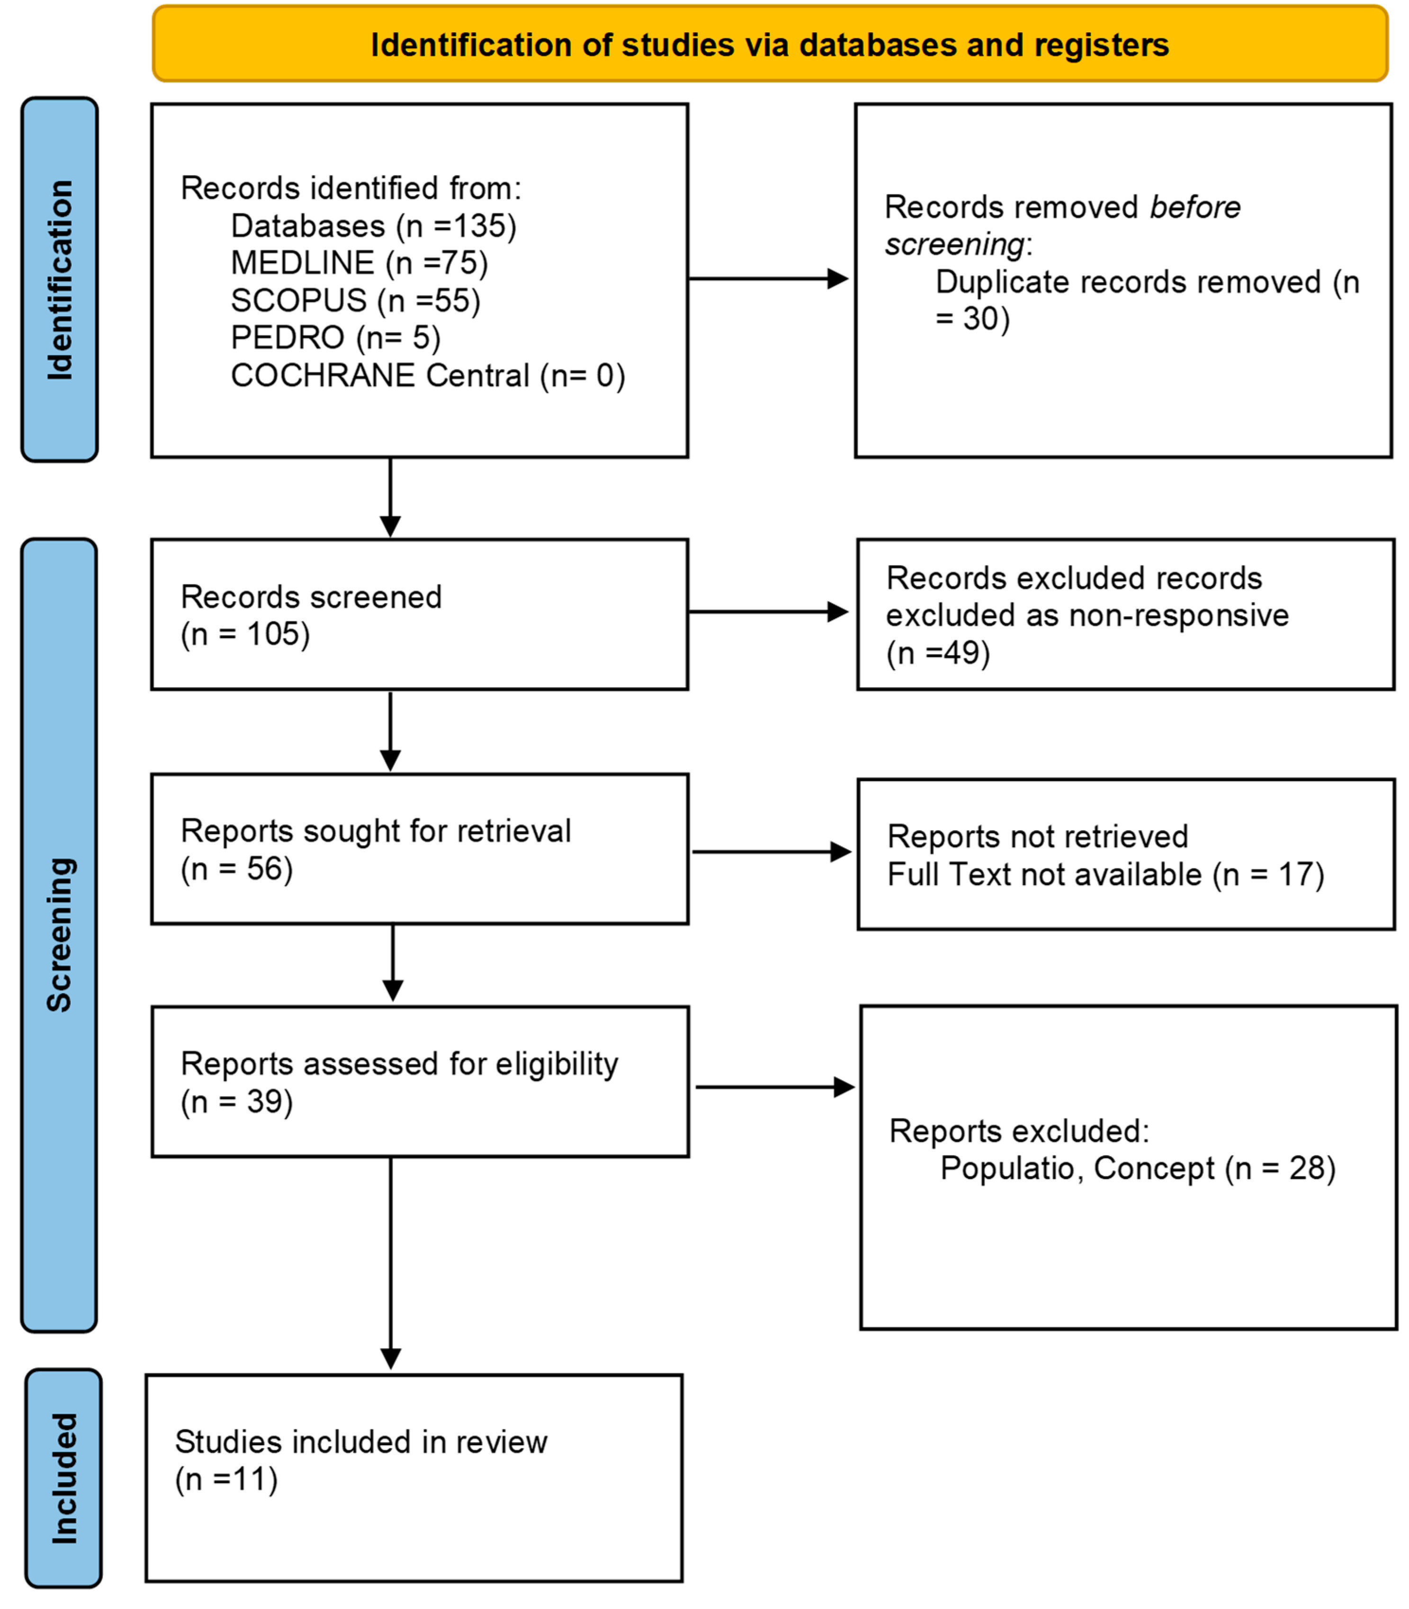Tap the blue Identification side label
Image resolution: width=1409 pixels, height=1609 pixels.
pos(60,280)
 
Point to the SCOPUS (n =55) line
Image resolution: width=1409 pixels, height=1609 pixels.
pos(355,300)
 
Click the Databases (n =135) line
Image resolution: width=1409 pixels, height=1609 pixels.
pos(374,226)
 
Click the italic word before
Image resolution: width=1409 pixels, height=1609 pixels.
pos(1194,207)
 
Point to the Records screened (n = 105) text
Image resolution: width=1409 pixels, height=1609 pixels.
pos(311,615)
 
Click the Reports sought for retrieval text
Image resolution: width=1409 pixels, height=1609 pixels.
pos(376,831)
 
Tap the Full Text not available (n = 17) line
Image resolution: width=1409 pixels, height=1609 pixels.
pos(1105,874)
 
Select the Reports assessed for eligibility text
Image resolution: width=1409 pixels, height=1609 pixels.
pos(399,1064)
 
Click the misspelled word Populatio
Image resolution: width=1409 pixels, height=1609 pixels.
pos(1006,1168)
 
